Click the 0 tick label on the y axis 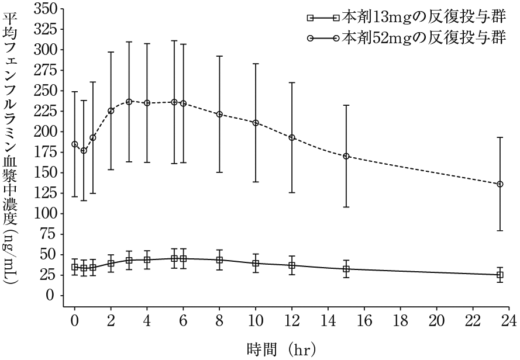click(x=50, y=296)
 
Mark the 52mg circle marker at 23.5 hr click(x=500, y=184)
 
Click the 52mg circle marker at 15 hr click(x=346, y=156)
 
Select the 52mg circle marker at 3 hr click(x=129, y=102)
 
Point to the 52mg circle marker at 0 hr click(x=75, y=144)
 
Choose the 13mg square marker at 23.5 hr click(x=500, y=275)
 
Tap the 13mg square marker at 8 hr click(x=219, y=260)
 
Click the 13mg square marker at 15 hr click(x=346, y=269)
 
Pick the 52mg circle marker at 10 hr click(x=256, y=123)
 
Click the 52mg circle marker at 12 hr click(x=292, y=137)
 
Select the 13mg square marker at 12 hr click(x=292, y=265)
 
